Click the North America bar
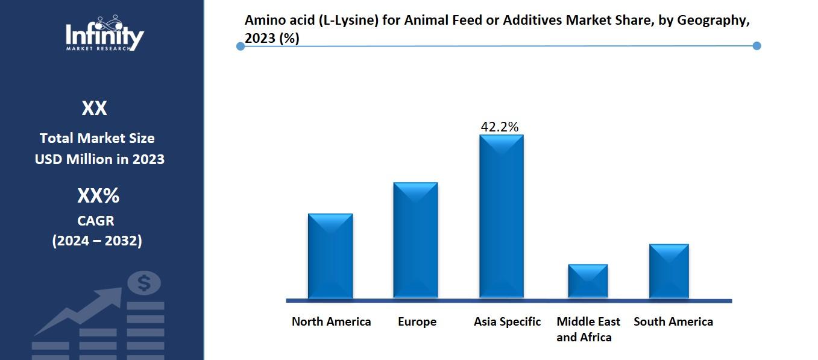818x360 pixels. point(330,256)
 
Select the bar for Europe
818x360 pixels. point(415,240)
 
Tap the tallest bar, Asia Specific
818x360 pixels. point(501,216)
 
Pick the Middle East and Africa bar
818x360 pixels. point(588,281)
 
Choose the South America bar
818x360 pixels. point(669,271)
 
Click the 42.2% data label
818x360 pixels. point(499,127)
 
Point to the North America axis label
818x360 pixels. point(331,322)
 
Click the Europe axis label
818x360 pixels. point(417,322)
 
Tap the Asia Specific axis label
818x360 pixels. point(507,322)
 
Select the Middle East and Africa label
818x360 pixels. point(588,329)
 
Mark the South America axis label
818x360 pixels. point(673,322)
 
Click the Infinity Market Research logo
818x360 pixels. point(105,34)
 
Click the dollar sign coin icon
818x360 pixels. point(144,282)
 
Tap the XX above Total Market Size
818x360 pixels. point(94,109)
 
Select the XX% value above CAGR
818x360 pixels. point(98,196)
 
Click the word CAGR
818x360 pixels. point(96,221)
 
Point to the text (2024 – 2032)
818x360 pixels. point(97,241)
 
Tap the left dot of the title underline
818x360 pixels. point(241,46)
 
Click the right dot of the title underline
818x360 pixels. point(757,46)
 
